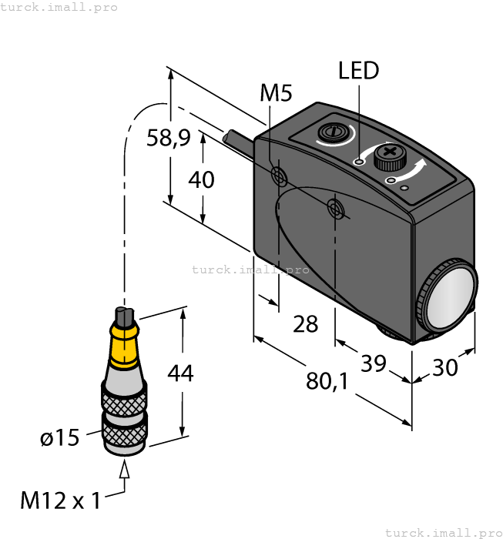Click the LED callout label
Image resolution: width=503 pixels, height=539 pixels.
pos(359,71)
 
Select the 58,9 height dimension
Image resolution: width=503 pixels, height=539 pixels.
pos(169,139)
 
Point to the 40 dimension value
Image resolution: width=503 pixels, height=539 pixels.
pos(201,179)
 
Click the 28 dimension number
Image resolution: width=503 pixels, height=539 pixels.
pos(305,324)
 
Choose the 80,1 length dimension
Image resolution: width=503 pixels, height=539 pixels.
pos(329,380)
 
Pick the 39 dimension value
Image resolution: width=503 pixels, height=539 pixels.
pos(374,363)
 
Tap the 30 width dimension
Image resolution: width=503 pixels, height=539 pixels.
pos(444,367)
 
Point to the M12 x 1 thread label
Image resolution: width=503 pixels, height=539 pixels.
pos(60,500)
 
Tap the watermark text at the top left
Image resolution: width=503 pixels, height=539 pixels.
pos(59,7)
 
